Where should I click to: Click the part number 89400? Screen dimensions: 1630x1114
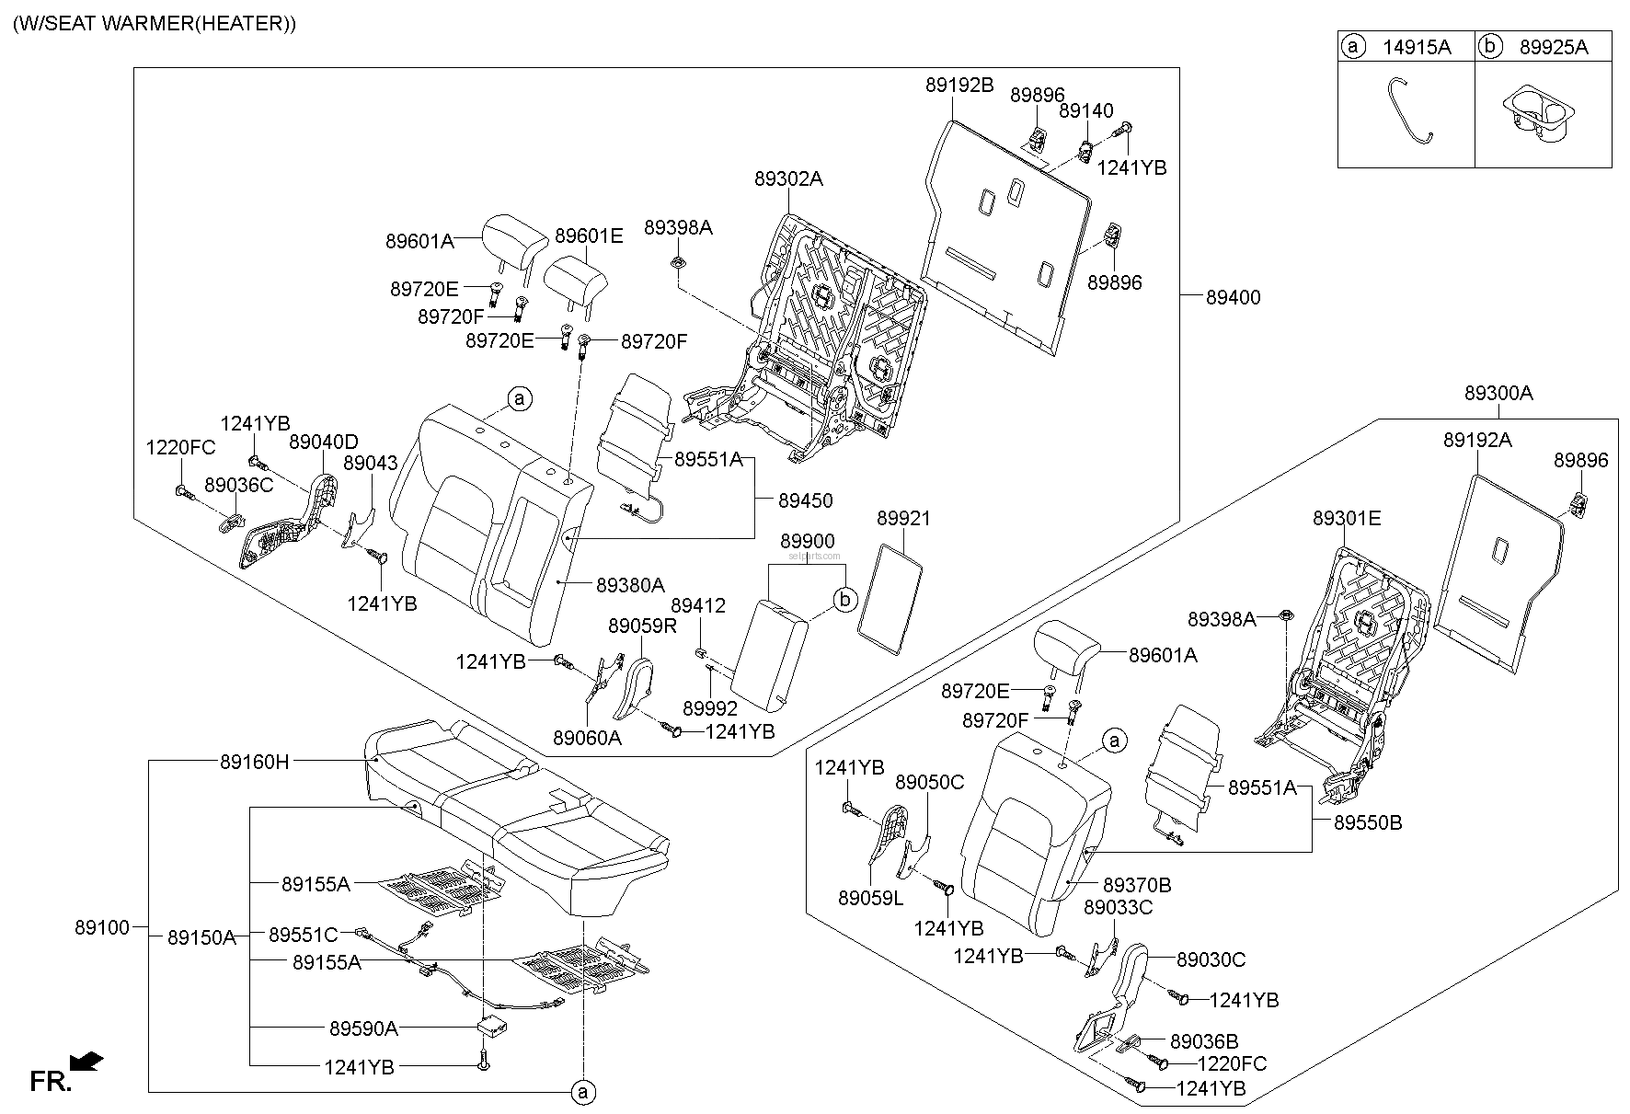pyautogui.click(x=1234, y=297)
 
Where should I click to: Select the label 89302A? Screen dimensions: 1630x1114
pyautogui.click(x=788, y=179)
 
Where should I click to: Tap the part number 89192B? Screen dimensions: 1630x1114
pyautogui.click(x=959, y=86)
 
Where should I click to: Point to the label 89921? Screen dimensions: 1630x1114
pyautogui.click(x=903, y=518)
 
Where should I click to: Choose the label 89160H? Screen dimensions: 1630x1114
pyautogui.click(x=254, y=762)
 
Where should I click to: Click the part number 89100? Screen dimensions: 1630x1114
pyautogui.click(x=102, y=927)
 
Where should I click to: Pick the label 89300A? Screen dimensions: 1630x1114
pyautogui.click(x=1499, y=393)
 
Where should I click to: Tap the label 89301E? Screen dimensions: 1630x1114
pyautogui.click(x=1347, y=518)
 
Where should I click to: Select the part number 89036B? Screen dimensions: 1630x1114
pyautogui.click(x=1204, y=1041)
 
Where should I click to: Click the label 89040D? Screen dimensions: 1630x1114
pyautogui.click(x=324, y=442)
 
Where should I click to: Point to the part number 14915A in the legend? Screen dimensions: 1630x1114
pyautogui.click(x=1417, y=48)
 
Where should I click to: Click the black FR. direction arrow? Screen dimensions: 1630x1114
pyautogui.click(x=86, y=1063)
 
